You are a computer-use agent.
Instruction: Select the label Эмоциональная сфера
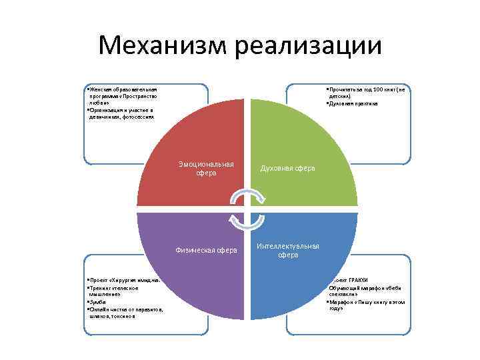click(206, 169)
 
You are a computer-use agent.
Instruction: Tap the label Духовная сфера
click(287, 169)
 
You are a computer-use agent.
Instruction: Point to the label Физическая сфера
click(206, 251)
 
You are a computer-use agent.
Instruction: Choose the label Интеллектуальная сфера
click(288, 251)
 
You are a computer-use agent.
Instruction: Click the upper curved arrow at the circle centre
click(247, 195)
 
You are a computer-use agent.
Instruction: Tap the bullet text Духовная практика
click(354, 103)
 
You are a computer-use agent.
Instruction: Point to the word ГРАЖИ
click(357, 280)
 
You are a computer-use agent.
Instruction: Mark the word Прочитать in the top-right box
click(341, 89)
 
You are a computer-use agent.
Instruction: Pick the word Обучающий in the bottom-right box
click(345, 287)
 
